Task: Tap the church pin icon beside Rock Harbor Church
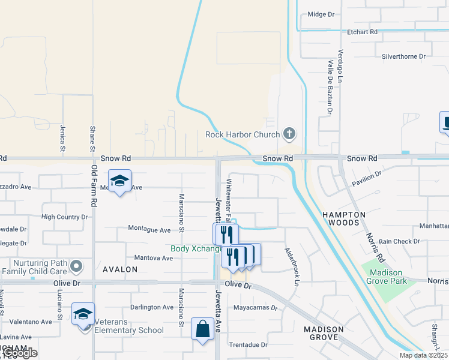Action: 289,133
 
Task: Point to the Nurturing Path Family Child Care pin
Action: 76,265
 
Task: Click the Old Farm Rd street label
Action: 94,187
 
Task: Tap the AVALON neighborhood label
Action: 120,269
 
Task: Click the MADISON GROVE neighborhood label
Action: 324,334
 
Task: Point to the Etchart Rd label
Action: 362,31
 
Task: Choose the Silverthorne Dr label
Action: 403,56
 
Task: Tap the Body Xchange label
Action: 192,248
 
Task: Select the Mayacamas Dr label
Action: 256,308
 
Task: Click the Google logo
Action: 20,353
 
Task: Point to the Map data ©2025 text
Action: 423,355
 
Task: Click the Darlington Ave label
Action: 152,307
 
